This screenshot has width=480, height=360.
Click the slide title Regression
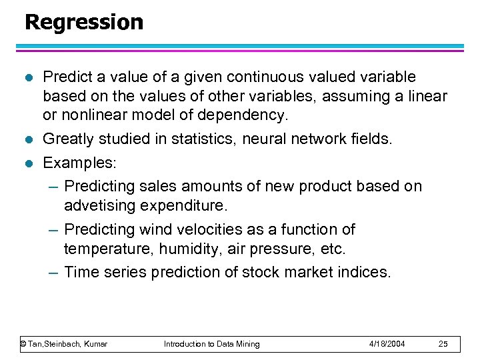coord(83,22)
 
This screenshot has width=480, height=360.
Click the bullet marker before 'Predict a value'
coord(28,78)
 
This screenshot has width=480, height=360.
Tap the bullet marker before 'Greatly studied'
coord(28,139)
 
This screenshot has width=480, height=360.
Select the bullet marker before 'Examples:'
coord(28,163)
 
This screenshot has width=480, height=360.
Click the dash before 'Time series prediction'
coord(55,273)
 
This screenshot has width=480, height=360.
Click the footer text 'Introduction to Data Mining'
coord(211,344)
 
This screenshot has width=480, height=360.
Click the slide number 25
coord(443,344)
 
